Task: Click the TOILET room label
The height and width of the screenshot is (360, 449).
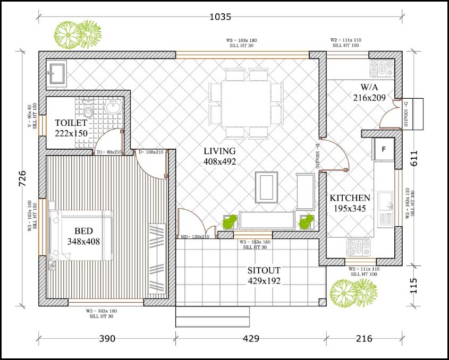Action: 71,123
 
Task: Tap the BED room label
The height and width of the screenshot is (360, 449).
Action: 83,231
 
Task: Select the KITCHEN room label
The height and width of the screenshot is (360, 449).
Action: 350,198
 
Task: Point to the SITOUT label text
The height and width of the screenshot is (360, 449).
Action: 264,270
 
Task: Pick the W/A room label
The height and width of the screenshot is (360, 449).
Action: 368,87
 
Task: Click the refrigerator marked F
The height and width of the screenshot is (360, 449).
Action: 383,150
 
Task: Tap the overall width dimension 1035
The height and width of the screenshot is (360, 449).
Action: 220,16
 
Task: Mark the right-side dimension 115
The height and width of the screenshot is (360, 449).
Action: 415,286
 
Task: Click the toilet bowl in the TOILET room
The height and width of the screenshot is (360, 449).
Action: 88,111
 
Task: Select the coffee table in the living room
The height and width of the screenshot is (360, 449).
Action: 267,187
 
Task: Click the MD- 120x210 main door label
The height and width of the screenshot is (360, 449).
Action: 195,237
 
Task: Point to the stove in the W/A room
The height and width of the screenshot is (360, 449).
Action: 382,67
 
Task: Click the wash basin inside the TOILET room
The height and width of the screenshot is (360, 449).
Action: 112,108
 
